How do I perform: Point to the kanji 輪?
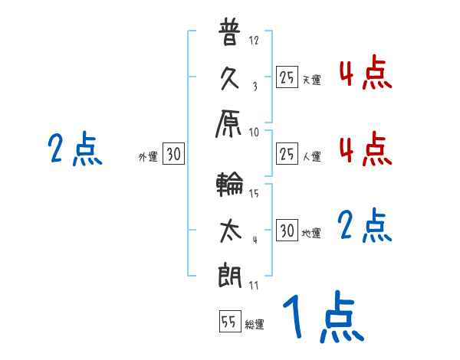pos(230,186)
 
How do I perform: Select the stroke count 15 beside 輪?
pos(255,193)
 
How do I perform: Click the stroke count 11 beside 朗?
pos(254,286)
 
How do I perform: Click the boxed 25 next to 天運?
pos(287,77)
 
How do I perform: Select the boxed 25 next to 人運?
pos(287,154)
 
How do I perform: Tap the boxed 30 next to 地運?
pos(287,231)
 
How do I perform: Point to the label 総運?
pos(255,325)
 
